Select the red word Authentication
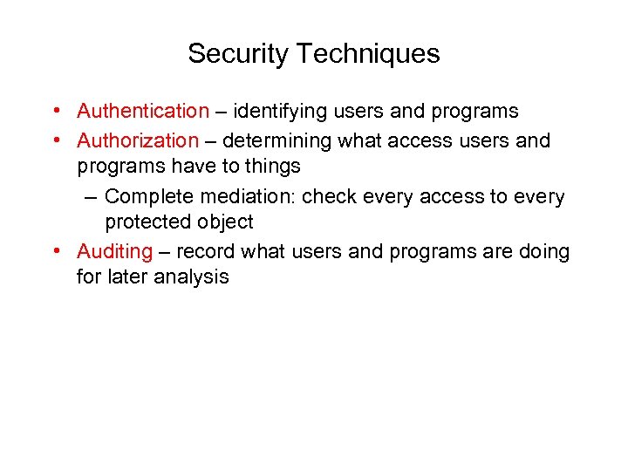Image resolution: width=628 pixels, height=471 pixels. [143, 112]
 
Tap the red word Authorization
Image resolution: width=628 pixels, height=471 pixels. [138, 140]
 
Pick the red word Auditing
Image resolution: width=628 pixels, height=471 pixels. [114, 252]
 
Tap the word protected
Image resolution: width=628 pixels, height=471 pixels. [147, 222]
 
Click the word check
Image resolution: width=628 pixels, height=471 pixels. [327, 197]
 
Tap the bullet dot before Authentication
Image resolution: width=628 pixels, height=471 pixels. [55, 112]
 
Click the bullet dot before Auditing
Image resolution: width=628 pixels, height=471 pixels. [55, 252]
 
